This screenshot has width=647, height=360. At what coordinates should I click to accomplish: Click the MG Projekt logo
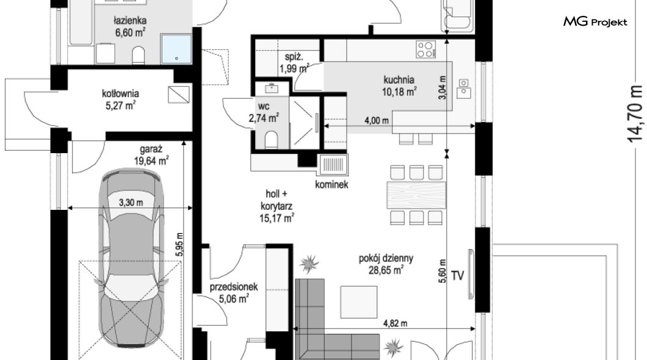(595, 21)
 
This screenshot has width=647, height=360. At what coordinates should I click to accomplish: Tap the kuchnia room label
(399, 79)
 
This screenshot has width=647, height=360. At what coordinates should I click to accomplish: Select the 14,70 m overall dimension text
(635, 114)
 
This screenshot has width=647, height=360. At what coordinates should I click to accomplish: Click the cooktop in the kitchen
(425, 49)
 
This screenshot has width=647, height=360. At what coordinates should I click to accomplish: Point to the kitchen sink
(463, 88)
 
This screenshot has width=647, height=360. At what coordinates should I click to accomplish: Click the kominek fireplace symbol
(333, 165)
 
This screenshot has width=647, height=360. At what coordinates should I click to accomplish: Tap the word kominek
(331, 184)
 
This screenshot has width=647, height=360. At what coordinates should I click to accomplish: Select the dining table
(416, 195)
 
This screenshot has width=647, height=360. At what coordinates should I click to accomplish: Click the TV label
(458, 275)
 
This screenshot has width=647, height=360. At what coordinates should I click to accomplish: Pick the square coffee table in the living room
(358, 302)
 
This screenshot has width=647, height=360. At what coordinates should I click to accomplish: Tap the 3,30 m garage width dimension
(131, 203)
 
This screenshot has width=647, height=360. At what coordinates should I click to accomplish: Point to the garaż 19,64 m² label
(151, 155)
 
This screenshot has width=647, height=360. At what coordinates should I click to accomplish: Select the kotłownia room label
(120, 99)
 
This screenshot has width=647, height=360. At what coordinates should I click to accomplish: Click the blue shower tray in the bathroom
(176, 49)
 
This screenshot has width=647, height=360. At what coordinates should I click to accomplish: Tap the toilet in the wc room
(272, 140)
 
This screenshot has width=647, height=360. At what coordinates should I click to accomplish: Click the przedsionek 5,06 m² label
(234, 292)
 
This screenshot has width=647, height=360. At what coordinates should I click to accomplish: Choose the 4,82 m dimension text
(395, 323)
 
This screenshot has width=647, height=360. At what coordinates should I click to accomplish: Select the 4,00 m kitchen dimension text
(377, 120)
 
